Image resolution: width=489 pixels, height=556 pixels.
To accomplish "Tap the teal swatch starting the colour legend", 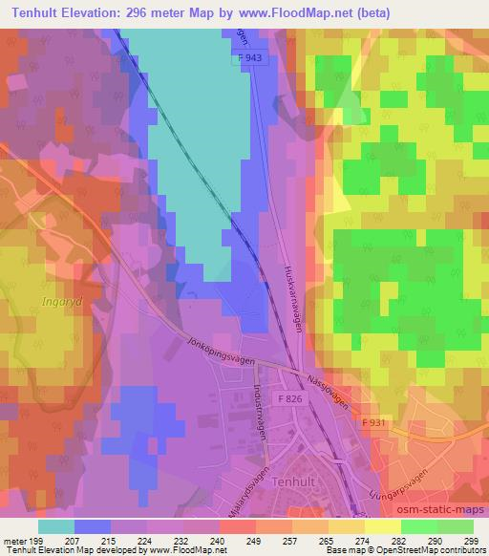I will pos(55,525).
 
